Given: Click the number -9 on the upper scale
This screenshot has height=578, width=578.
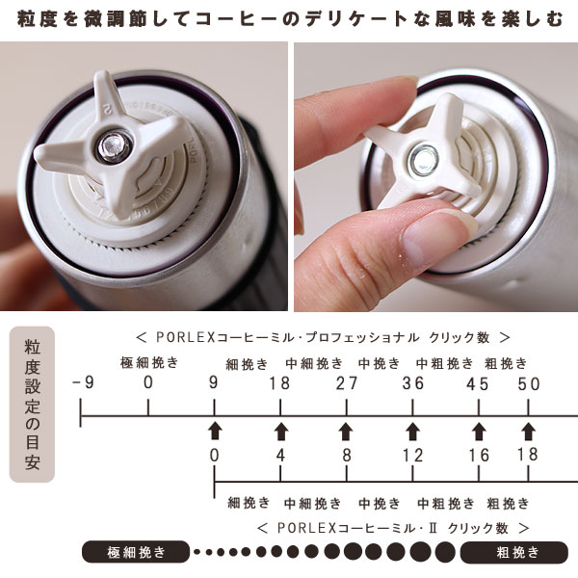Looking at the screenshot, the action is (x=83, y=383).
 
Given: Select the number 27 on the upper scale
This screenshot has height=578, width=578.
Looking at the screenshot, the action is (x=347, y=383).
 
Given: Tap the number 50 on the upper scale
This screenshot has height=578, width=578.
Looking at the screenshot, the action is (x=528, y=384).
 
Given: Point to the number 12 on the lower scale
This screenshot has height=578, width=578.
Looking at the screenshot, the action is (x=412, y=456).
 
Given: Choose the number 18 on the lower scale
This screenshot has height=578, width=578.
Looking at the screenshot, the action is (x=528, y=455).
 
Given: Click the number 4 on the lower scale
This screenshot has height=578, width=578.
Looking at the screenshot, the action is (x=280, y=456).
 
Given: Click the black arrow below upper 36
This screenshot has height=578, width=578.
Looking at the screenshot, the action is (x=412, y=432).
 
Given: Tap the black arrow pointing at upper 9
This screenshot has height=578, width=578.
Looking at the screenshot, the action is (x=215, y=431).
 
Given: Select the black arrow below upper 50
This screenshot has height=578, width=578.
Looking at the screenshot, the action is (x=528, y=432).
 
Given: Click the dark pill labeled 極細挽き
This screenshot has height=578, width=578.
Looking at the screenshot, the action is (x=136, y=552).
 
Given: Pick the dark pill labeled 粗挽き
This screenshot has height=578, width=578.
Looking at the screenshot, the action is (x=514, y=552).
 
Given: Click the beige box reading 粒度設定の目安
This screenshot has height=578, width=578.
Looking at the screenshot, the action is (x=32, y=405).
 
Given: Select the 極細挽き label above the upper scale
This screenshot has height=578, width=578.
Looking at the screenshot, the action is (x=149, y=363).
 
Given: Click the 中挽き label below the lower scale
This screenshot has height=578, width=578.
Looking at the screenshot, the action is (x=380, y=503).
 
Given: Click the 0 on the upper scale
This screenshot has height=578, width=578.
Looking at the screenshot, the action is (x=148, y=382).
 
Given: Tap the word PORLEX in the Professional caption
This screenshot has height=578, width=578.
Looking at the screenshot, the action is (x=185, y=337).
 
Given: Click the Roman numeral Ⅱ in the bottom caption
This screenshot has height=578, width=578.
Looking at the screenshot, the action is (x=433, y=528).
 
